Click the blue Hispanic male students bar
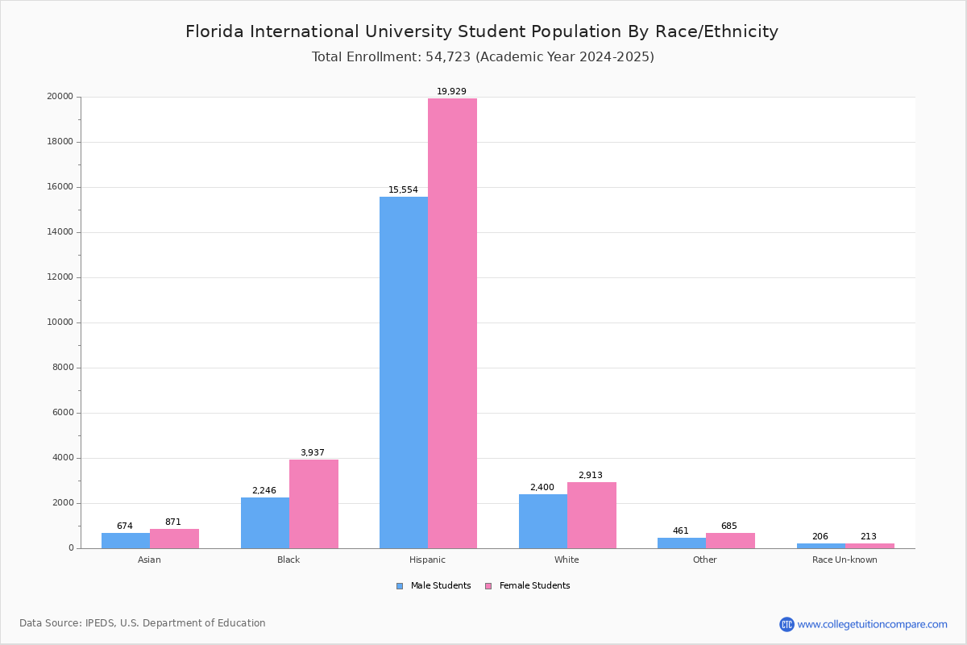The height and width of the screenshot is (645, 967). point(404,372)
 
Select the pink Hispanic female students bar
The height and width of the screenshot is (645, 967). point(452,323)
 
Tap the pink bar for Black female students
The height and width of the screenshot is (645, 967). point(313,504)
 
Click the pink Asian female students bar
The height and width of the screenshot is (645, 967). point(174,539)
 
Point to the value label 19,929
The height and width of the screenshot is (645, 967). point(451,92)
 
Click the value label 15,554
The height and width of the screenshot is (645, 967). point(403,190)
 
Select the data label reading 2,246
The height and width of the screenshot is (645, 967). point(264,490)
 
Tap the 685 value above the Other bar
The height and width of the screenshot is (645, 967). point(728,526)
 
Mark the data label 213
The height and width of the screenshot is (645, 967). point(868,537)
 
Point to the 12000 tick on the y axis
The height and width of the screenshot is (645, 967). point(60,277)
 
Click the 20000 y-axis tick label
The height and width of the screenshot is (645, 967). point(60,97)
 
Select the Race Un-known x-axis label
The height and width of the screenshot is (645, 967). point(845,560)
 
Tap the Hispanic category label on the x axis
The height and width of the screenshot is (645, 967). point(427,560)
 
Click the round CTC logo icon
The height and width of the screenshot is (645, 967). point(786,624)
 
